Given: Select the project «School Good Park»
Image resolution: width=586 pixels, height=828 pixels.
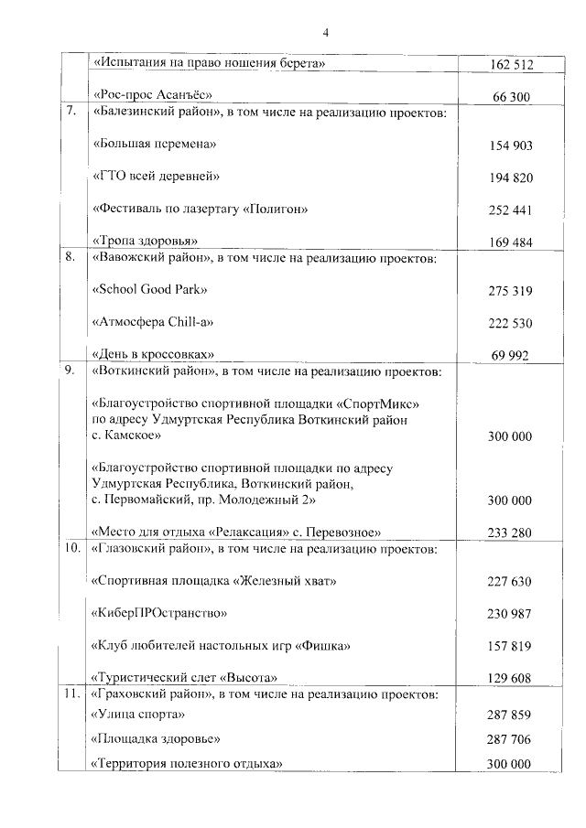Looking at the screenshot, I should pos(150,290).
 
